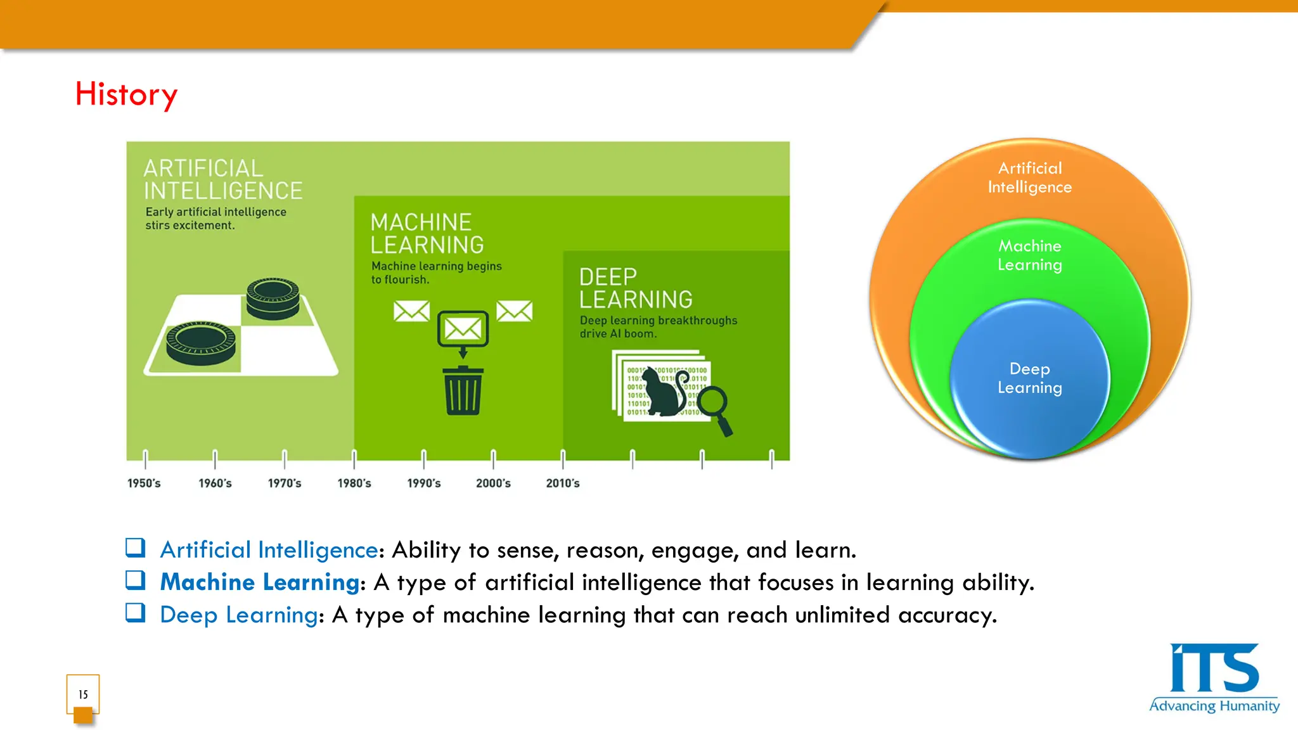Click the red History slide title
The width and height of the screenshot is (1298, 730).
[x=126, y=94]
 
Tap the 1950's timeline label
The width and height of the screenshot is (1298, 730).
[x=144, y=483]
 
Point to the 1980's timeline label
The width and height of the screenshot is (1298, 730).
[x=354, y=483]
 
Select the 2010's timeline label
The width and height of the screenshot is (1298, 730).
[x=563, y=483]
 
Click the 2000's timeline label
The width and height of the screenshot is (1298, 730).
[x=493, y=483]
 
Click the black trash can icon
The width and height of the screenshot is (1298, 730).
[x=463, y=391]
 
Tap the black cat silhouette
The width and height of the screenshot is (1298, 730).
[x=663, y=394]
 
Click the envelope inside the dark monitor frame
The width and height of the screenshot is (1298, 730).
[x=463, y=328]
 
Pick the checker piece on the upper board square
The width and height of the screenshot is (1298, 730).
[x=273, y=298]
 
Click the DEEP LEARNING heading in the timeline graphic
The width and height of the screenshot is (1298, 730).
[x=635, y=288]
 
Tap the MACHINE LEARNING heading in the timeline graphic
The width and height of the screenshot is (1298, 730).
[x=427, y=234]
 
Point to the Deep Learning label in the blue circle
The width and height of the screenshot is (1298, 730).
[x=1029, y=378]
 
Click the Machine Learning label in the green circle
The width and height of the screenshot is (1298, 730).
[x=1029, y=255]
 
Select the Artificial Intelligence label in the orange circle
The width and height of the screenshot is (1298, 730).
[x=1029, y=177]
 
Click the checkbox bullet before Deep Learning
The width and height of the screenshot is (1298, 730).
[x=135, y=613]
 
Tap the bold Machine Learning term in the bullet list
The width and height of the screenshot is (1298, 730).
[x=260, y=582]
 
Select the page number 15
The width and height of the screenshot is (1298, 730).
[x=83, y=695]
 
